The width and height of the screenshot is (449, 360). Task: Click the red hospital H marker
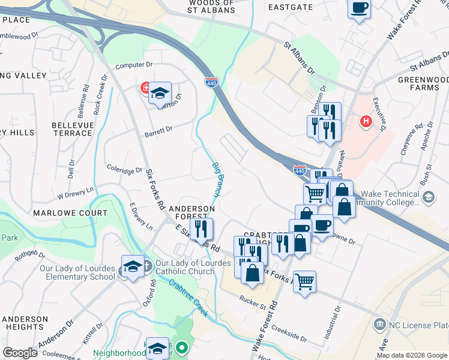(x=366, y=122)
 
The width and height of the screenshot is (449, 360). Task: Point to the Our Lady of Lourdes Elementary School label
(x=77, y=272)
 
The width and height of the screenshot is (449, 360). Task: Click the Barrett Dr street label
(x=158, y=130)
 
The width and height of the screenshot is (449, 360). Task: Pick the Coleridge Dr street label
(x=124, y=170)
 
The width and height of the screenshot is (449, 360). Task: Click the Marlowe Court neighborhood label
(x=70, y=213)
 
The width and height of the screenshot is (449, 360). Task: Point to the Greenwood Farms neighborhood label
(x=423, y=83)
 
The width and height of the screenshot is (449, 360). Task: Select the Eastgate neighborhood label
(x=291, y=7)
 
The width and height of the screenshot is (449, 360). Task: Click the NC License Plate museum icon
(x=379, y=325)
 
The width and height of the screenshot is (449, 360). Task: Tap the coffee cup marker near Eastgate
(x=360, y=8)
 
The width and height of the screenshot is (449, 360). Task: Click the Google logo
(x=20, y=353)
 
